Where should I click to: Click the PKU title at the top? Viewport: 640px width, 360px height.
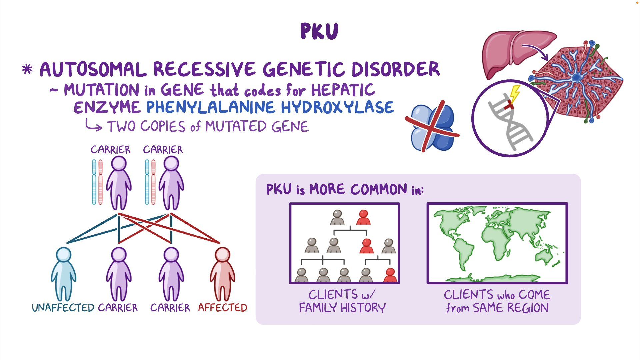coord(319,31)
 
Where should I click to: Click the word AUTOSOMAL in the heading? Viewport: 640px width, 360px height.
coord(93,70)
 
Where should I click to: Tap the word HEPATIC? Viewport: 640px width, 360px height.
coord(343,90)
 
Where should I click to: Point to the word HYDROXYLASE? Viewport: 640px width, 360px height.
coord(337,107)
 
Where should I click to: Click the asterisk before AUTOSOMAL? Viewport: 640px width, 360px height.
coord(27,69)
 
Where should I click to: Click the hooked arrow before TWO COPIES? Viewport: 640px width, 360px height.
coord(93,125)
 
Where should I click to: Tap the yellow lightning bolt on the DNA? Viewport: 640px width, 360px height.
coord(515,93)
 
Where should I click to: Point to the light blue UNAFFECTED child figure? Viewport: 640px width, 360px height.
coord(63,273)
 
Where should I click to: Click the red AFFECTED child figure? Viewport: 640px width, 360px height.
coord(222,273)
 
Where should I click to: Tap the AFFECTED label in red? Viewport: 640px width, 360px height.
coord(223,307)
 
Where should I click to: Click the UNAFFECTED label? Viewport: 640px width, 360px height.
coord(63,307)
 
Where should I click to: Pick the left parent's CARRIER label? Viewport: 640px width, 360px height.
coord(111,150)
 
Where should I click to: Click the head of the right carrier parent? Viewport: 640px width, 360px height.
coord(171,164)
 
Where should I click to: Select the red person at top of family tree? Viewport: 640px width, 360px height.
coord(363,218)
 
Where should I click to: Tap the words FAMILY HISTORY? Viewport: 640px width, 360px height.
coord(342,307)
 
